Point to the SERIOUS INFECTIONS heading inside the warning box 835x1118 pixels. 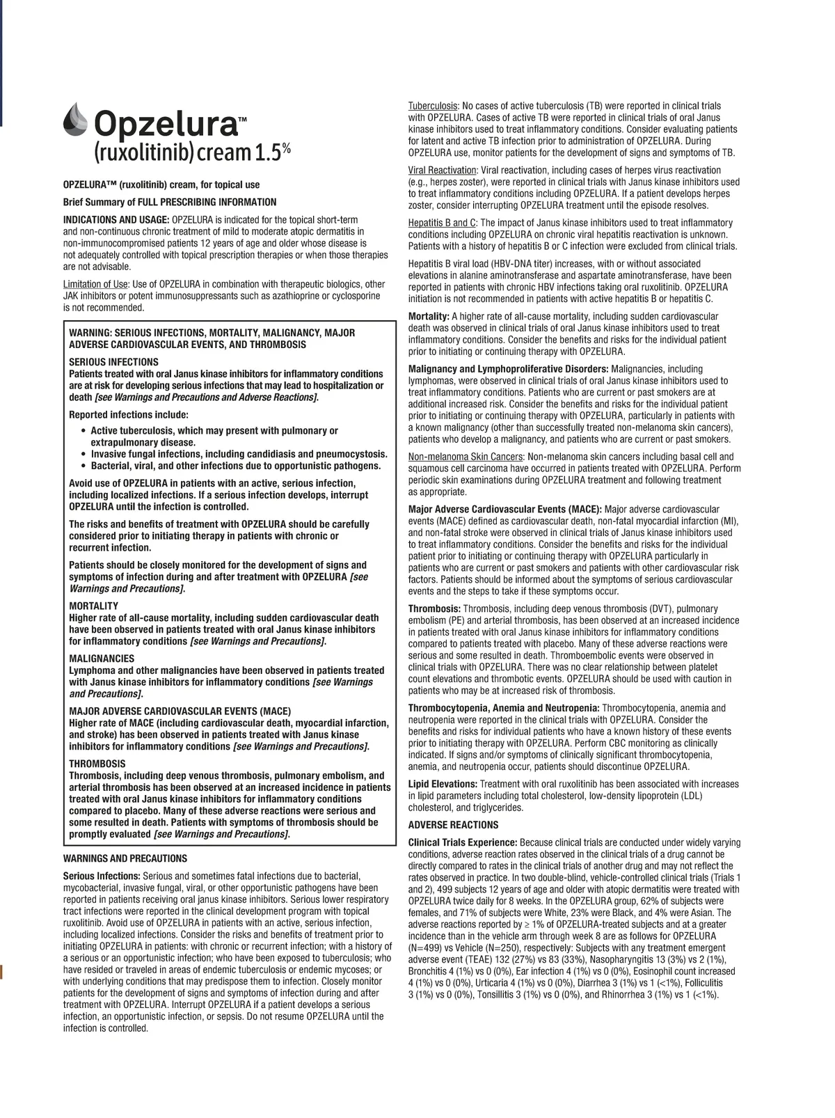coord(113,362)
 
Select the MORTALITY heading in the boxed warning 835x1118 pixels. coord(93,606)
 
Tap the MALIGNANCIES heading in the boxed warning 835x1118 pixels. coord(102,658)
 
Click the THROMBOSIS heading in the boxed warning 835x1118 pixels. coord(97,764)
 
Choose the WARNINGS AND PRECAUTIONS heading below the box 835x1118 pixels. coord(125,858)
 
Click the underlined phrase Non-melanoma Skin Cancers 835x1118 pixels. coord(466,456)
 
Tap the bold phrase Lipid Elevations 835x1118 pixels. coord(443,784)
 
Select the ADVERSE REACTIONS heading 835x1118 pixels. coord(453,825)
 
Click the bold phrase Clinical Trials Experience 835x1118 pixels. coord(462,842)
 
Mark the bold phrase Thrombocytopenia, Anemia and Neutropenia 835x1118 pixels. coord(504,708)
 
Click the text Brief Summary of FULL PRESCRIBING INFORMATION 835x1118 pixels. coord(170,202)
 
